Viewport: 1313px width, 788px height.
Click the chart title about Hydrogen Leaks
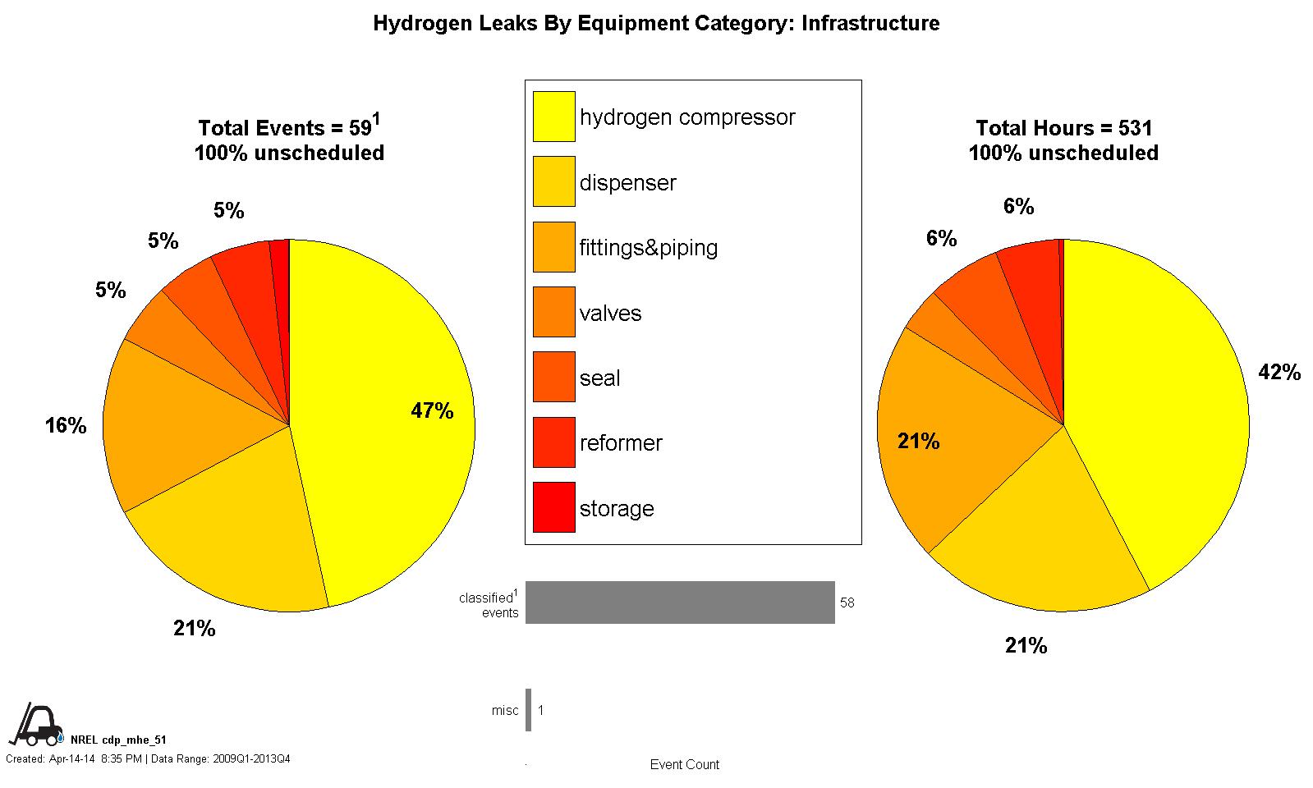point(656,23)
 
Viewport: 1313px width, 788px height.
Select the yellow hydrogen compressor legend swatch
point(554,117)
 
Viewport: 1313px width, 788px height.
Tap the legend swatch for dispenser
point(554,181)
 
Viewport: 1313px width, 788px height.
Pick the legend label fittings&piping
point(648,248)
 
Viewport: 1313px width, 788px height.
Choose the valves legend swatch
point(554,312)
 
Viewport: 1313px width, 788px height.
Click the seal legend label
point(599,378)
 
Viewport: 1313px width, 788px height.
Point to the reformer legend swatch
point(554,442)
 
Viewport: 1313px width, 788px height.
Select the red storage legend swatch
point(554,507)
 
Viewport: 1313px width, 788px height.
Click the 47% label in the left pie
point(432,411)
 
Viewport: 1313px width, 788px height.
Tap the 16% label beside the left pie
point(66,425)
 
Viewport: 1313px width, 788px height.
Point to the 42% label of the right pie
point(1279,373)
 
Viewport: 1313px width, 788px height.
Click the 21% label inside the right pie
point(918,442)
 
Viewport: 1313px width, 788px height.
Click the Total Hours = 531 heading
point(1063,128)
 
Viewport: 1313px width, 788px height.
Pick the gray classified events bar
point(680,602)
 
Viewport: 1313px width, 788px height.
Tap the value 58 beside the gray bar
point(847,602)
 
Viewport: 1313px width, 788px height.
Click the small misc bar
point(529,710)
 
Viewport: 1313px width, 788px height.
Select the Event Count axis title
point(684,764)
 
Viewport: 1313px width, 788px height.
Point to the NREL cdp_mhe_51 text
point(118,740)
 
